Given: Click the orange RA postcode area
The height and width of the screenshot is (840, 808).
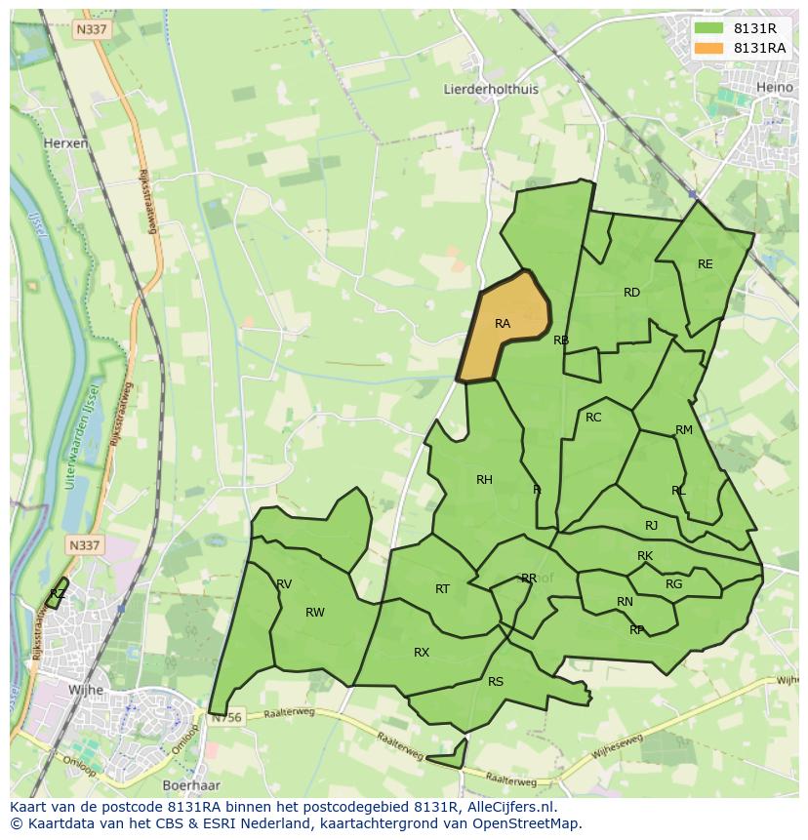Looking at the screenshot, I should coord(505,327).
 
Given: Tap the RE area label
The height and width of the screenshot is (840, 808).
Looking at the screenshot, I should coord(705,264).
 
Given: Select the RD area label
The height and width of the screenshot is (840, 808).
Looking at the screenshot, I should coord(631,293).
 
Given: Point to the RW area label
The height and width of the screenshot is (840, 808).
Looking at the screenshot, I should coord(314,613).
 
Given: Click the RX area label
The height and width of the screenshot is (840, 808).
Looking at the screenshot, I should coord(422,653).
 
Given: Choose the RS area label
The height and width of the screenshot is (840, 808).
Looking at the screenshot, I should coord(496,682).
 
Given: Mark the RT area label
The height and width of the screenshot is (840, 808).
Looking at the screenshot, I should coord(442,589).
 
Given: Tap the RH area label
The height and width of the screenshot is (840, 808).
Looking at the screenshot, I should coord(484,479).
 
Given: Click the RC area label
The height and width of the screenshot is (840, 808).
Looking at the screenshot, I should coord(593,418).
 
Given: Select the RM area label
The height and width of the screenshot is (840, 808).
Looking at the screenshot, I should coord(683,430).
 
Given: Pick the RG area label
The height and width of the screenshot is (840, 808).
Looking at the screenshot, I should coord(673,584).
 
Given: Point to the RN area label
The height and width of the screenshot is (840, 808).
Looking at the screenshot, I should coord(625,602).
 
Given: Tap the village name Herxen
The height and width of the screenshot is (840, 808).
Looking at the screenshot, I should coord(66,142).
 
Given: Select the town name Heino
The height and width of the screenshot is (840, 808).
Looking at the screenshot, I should coord(775,88).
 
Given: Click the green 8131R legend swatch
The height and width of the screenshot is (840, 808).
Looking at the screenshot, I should coord(708,28).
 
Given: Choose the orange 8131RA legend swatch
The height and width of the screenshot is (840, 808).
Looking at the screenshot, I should coord(708,48).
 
